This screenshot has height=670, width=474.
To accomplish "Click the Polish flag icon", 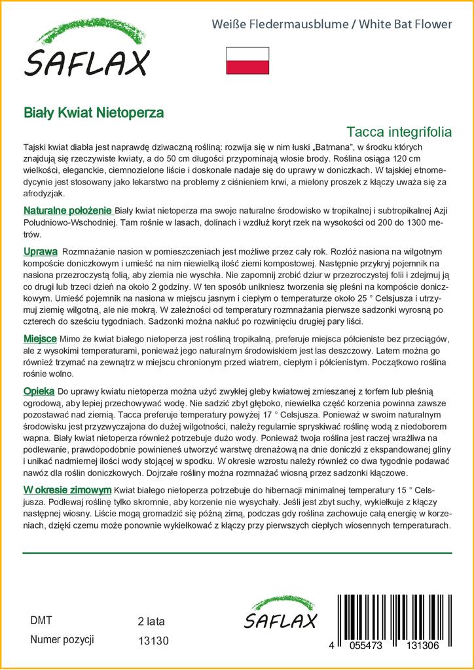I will (247, 60).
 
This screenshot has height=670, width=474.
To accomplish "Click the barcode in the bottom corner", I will (401, 615).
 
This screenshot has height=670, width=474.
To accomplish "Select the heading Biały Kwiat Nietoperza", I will (94, 112).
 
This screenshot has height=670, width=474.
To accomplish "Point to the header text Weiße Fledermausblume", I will (275, 24).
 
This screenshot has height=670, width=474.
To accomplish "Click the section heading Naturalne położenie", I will (68, 211).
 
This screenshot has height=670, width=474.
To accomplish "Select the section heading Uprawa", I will (41, 251).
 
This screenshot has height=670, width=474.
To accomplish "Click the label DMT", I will (41, 620).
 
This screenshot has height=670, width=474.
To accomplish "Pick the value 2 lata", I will (151, 621).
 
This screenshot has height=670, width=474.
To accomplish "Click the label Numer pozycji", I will (62, 639).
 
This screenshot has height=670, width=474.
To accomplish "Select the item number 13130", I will (154, 641).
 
